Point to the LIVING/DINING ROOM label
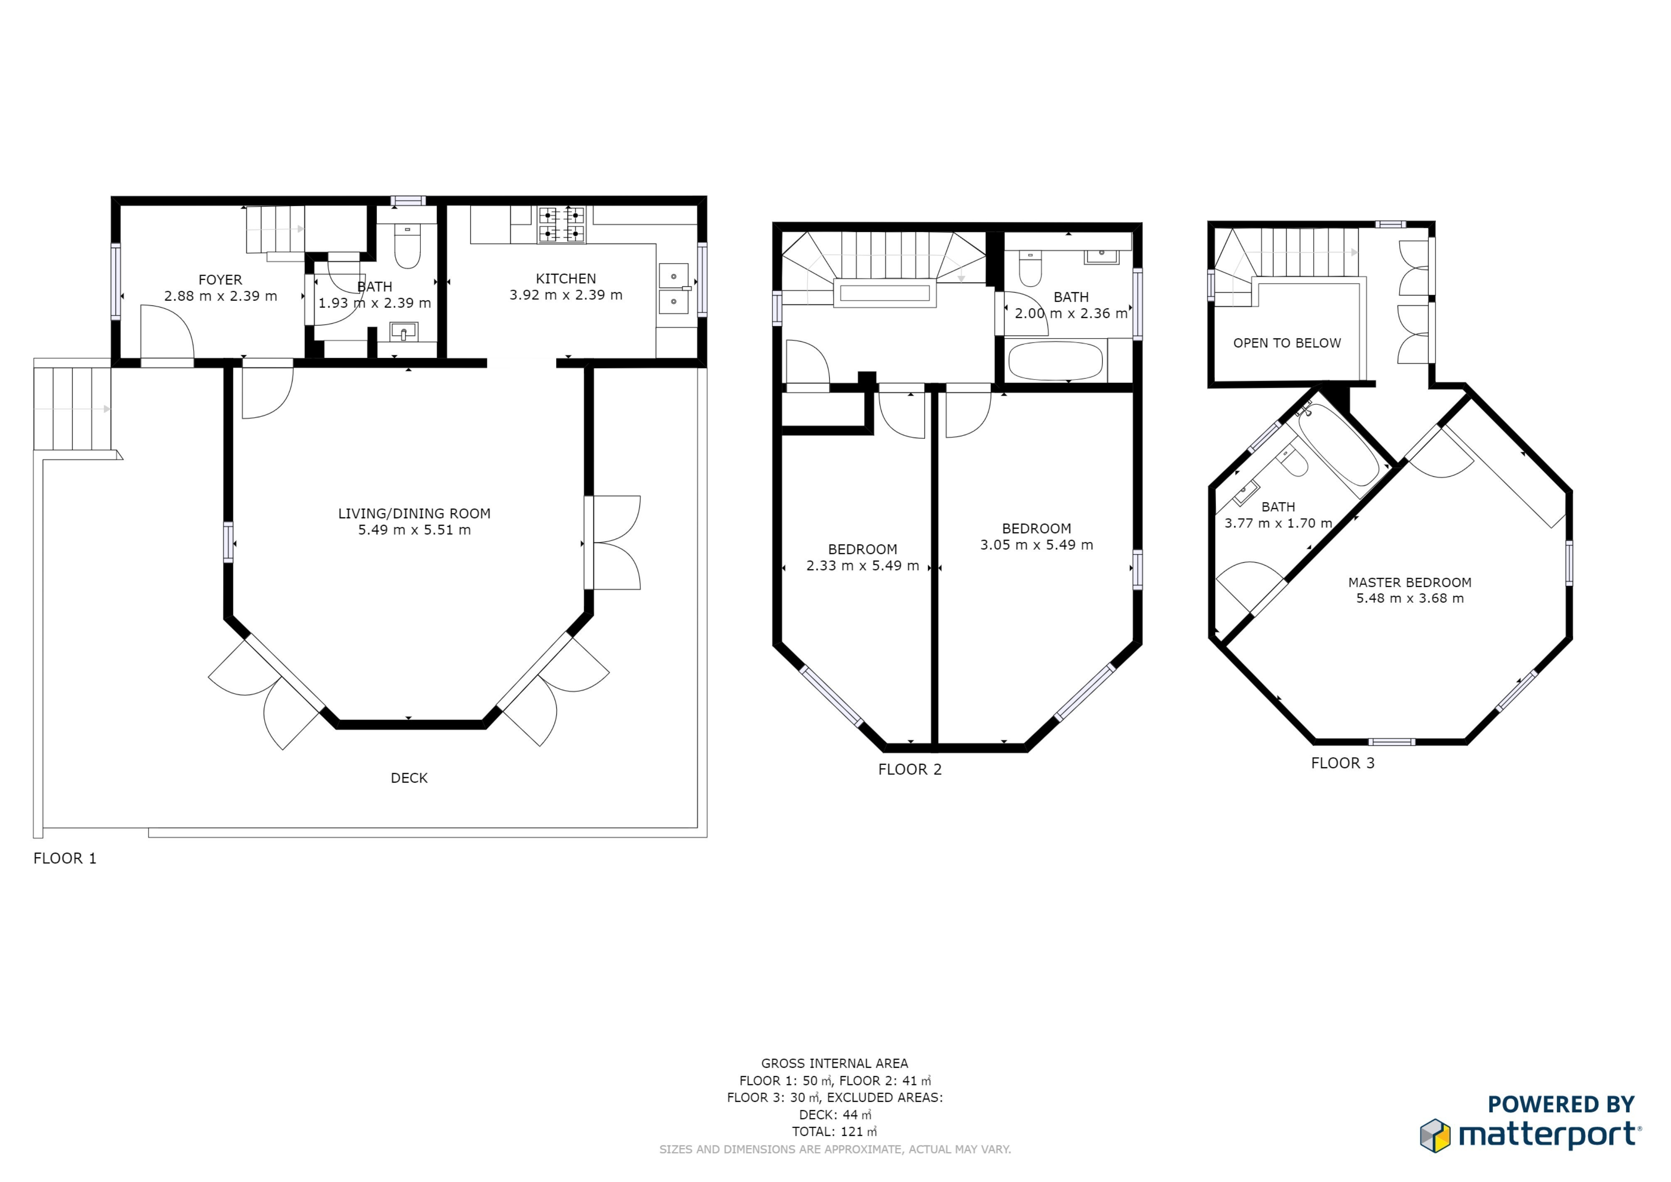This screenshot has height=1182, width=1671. [x=414, y=514]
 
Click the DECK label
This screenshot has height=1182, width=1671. [x=409, y=778]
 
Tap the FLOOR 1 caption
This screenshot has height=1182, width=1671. [x=65, y=858]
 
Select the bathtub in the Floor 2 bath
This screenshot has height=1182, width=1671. [x=1055, y=361]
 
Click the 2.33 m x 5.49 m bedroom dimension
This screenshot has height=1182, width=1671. [x=863, y=566]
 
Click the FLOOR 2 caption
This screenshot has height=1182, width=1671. [x=910, y=769]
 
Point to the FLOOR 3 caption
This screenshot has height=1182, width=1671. [x=1343, y=763]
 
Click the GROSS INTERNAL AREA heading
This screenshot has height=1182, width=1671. [x=835, y=1064]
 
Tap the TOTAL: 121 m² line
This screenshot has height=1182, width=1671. [x=835, y=1132]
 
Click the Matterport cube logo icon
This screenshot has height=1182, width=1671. [x=1435, y=1135]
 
